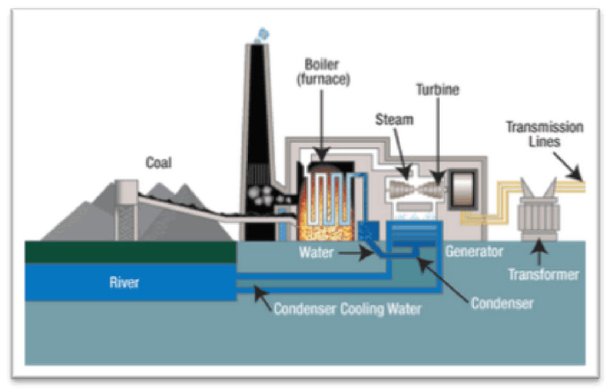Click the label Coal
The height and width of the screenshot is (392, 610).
click(x=158, y=163)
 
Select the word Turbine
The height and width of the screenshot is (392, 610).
click(x=437, y=90)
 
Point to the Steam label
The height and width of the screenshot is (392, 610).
click(x=394, y=120)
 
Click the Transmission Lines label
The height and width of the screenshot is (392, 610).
click(x=544, y=134)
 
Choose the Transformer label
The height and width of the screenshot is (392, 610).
click(x=543, y=275)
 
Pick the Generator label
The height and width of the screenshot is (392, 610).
click(x=474, y=252)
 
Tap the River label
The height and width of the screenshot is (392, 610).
click(x=123, y=282)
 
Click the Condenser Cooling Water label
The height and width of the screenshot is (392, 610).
click(x=347, y=309)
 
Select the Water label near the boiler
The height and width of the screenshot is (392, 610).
click(x=316, y=252)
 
